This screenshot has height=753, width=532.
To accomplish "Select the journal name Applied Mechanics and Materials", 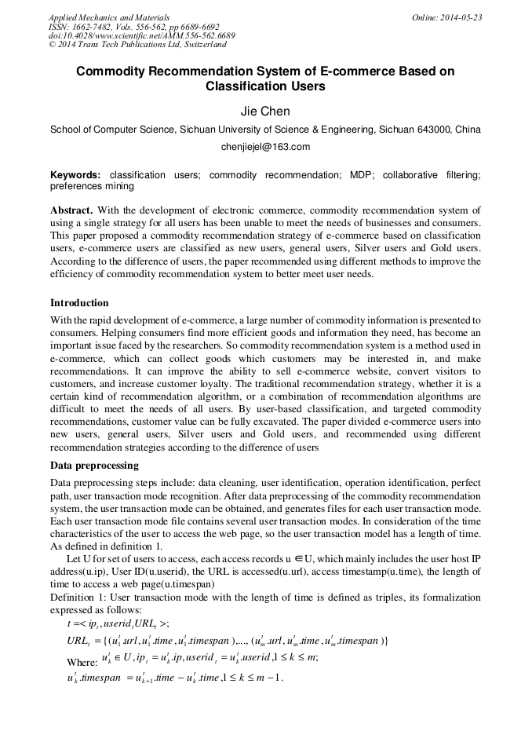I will pyautogui.click(x=109, y=17).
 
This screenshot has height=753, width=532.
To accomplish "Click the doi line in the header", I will pyautogui.click(x=141, y=36).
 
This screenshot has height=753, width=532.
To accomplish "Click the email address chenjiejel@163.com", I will pyautogui.click(x=265, y=146).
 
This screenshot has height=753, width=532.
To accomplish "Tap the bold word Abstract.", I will pyautogui.click(x=71, y=210).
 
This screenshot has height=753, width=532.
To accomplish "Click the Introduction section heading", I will pyautogui.click(x=79, y=302).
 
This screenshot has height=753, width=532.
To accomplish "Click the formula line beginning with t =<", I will pyautogui.click(x=118, y=623).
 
